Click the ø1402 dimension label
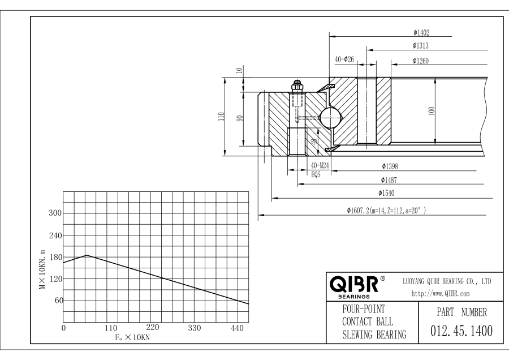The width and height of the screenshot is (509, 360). (424, 33)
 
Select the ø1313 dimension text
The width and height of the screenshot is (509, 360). (424, 46)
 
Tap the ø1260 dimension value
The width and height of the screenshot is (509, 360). (424, 61)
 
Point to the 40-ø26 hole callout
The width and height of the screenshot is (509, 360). (344, 59)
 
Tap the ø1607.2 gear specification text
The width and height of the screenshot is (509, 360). (386, 211)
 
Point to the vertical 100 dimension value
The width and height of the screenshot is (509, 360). (432, 111)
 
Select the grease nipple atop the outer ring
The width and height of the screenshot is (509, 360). (296, 85)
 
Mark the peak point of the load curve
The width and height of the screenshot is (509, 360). (86, 255)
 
